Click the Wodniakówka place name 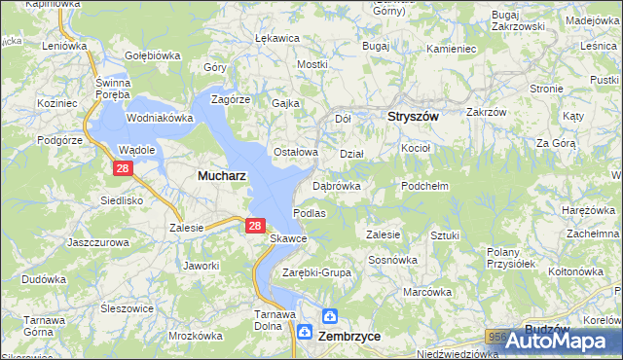[161, 118]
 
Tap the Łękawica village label [275, 38]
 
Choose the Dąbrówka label [337, 185]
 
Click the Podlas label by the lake [309, 212]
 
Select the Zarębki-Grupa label [315, 272]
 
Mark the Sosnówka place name [392, 260]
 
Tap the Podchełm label [424, 185]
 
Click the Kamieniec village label [450, 48]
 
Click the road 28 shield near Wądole [122, 168]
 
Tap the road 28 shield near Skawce [254, 226]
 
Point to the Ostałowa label [295, 152]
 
